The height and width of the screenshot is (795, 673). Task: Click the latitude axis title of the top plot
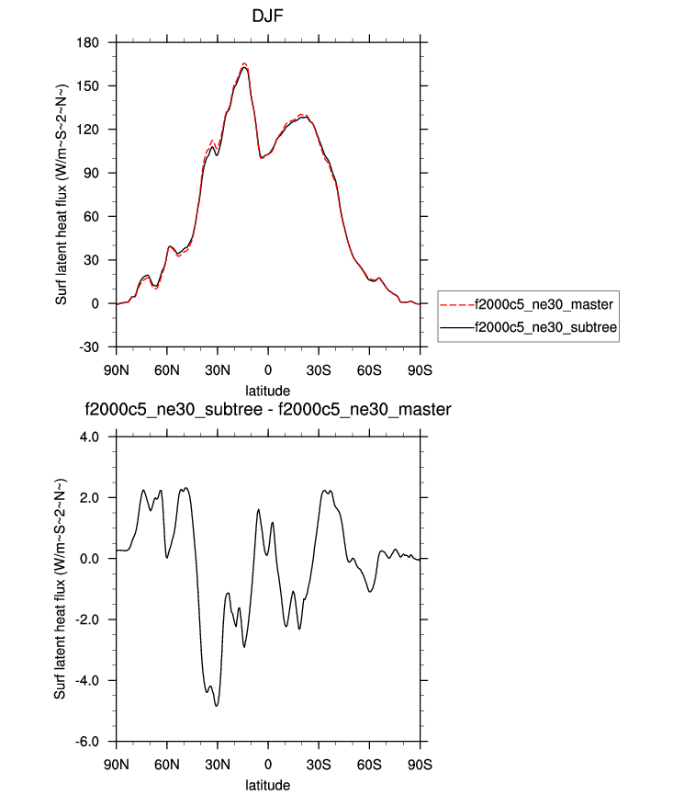pyautogui.click(x=267, y=390)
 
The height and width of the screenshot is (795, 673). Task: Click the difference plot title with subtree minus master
pyautogui.click(x=267, y=410)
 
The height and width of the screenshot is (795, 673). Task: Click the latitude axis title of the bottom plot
pyautogui.click(x=267, y=786)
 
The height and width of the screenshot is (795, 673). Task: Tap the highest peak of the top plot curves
pyautogui.click(x=244, y=64)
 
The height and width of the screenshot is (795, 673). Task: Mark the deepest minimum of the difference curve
pyautogui.click(x=217, y=705)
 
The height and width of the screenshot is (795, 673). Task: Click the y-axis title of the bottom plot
pyautogui.click(x=62, y=589)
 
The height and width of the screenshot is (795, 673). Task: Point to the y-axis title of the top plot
pyautogui.click(x=62, y=195)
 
